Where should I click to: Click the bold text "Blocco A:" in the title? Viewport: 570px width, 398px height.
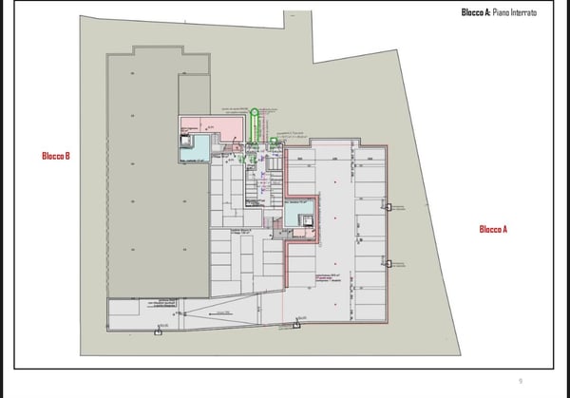coord(476,12)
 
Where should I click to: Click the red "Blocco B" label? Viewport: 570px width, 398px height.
coord(55,156)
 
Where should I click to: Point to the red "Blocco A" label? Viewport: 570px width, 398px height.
coord(493,229)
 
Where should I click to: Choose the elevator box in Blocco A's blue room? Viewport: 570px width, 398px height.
coord(305,220)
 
